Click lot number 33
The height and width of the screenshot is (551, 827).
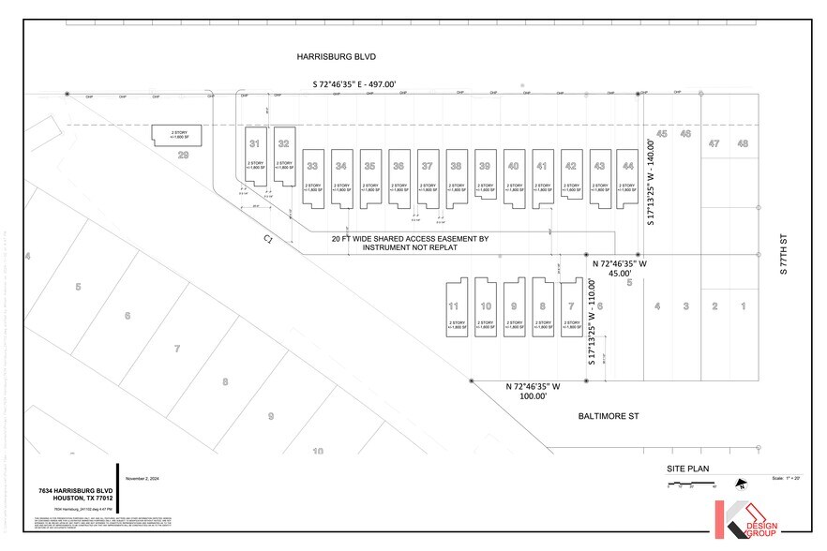click(312, 166)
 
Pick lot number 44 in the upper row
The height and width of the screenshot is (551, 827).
click(628, 166)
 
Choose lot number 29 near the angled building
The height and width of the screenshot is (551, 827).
click(184, 155)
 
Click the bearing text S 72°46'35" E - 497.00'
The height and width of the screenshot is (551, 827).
click(354, 84)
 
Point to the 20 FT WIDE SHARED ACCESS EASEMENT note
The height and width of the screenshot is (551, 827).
click(410, 245)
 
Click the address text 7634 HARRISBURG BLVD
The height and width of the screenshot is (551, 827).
click(76, 490)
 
